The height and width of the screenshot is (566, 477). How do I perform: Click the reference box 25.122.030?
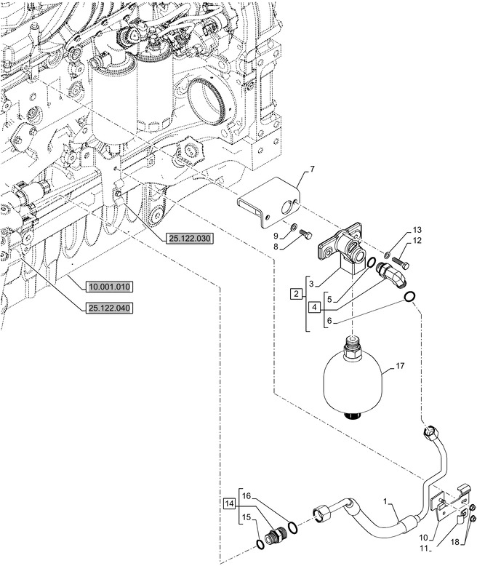[188, 239]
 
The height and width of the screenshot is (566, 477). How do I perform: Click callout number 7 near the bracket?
[313, 170]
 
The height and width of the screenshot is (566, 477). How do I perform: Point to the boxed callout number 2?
[295, 294]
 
